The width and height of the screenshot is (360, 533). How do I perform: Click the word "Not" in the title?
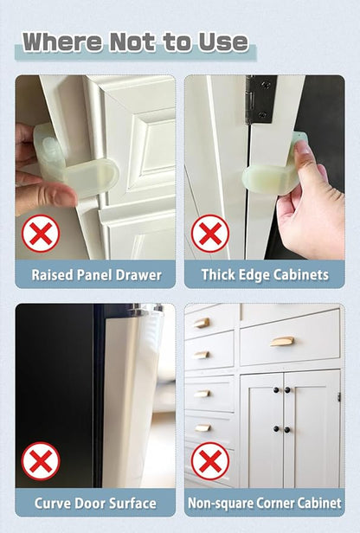pos(133,42)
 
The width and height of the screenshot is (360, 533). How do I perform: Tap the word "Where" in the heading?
pos(62,42)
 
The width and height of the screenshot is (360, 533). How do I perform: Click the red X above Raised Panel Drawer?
pos(41,234)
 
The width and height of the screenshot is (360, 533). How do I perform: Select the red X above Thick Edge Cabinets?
pos(210,234)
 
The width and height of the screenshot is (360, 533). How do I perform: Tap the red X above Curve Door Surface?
pos(41,461)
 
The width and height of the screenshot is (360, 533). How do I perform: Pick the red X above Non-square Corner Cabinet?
pos(210,461)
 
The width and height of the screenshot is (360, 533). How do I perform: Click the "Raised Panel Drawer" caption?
pos(96,274)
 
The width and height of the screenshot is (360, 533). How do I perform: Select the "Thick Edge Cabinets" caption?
pos(265,274)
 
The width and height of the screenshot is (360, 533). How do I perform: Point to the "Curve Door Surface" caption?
pos(95,503)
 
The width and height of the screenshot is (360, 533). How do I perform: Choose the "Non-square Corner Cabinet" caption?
pos(265,503)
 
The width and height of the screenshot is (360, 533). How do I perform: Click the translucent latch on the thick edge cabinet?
pos(272,168)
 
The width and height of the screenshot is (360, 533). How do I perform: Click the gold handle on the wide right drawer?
pos(282,341)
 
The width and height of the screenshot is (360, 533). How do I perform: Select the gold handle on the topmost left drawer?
pos(202,323)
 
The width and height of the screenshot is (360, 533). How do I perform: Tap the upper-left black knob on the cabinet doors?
pos(276,390)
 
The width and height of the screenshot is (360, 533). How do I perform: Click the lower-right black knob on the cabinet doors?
pos(287,430)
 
